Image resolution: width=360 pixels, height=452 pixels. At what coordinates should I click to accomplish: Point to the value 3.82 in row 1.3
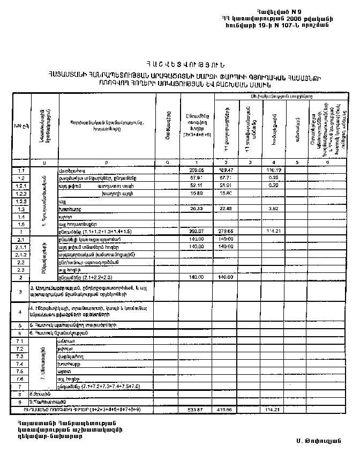273,209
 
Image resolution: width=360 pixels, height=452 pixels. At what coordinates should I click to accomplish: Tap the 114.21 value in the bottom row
273,410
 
